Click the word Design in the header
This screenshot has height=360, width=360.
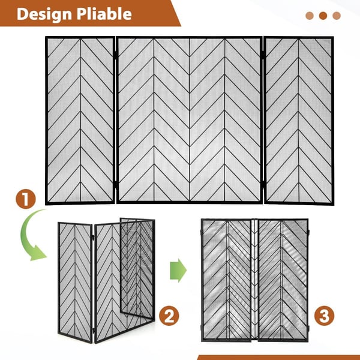[44, 14]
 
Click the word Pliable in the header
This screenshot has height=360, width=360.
[104, 14]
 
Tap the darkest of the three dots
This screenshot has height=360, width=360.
[323, 16]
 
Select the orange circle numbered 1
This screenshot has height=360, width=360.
[26, 199]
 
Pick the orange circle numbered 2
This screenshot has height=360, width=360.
[169, 316]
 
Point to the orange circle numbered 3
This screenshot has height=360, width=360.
[324, 316]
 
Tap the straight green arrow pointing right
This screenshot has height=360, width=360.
[178, 271]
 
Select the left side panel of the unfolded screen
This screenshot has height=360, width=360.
[80, 121]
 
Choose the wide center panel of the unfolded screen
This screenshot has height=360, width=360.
[190, 120]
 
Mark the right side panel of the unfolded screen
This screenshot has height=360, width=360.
[299, 121]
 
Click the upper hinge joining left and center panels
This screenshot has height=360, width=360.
[116, 55]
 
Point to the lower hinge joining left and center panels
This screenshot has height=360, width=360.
[116, 185]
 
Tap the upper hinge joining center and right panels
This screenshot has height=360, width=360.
[263, 55]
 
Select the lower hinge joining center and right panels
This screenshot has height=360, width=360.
[263, 185]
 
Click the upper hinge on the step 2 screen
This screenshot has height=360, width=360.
[94, 238]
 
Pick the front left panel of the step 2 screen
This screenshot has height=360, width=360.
[75, 283]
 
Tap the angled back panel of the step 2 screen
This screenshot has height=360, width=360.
[137, 268]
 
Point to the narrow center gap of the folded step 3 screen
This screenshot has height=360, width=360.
[254, 279]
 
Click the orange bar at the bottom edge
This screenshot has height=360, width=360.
[278, 358]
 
